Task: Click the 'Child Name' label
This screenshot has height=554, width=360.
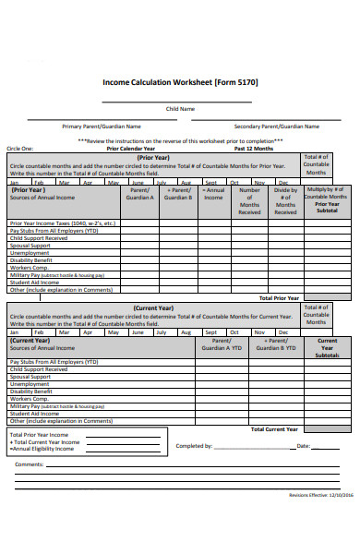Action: pyautogui.click(x=180, y=109)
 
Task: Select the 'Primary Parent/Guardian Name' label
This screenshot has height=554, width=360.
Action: pyautogui.click(x=102, y=126)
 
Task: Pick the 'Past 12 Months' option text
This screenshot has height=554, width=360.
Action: pyautogui.click(x=254, y=148)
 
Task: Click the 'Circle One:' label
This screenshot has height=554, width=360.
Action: pyautogui.click(x=20, y=148)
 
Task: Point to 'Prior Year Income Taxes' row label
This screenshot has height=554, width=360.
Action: pyautogui.click(x=63, y=223)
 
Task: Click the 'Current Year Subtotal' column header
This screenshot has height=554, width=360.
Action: pyautogui.click(x=327, y=348)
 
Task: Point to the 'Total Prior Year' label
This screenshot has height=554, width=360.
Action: pyautogui.click(x=278, y=298)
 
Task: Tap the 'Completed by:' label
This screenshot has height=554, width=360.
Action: pyautogui.click(x=194, y=446)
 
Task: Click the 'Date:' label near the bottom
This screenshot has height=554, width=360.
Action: pyautogui.click(x=303, y=446)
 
